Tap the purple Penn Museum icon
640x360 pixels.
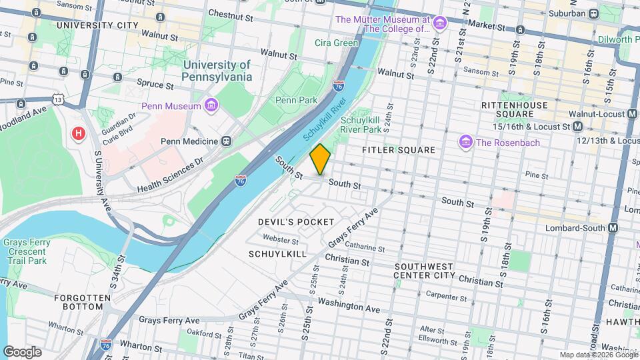(x=211, y=106)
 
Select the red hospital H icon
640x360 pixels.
(x=79, y=134)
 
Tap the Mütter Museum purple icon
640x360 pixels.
(x=439, y=25)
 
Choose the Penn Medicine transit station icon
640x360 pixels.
(x=227, y=141)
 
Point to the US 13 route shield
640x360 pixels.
(x=59, y=99)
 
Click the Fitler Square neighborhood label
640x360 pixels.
(x=398, y=151)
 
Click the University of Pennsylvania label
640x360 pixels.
(x=217, y=71)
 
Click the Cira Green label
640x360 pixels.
(x=337, y=43)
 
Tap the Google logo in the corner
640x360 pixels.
(x=22, y=352)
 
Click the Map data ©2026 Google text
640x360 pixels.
(x=598, y=355)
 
